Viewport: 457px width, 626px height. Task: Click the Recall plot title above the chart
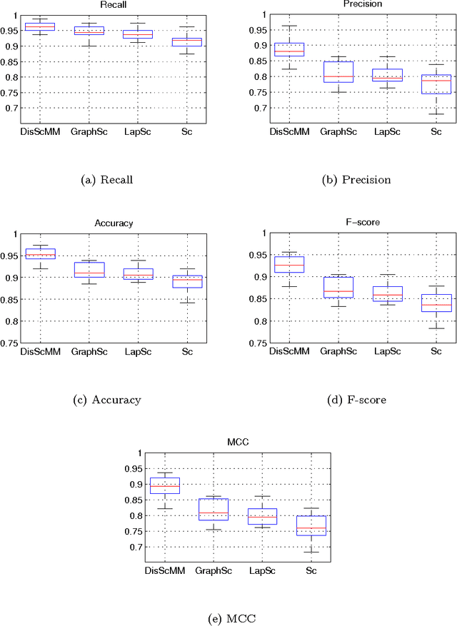(x=109, y=4)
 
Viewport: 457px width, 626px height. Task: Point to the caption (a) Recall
(x=109, y=180)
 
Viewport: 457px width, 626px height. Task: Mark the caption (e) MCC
(x=227, y=618)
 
